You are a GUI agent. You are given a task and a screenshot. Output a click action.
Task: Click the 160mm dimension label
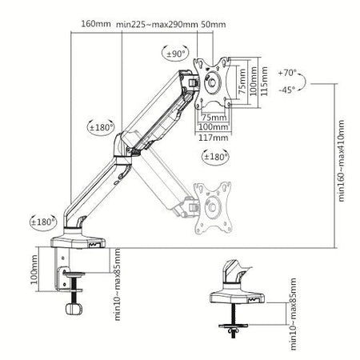point(96,24)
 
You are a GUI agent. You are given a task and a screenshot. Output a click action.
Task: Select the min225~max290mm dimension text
point(157,24)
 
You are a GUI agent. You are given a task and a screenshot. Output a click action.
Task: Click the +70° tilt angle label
point(289,73)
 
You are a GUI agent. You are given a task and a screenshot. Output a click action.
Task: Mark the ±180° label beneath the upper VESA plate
point(216,156)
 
